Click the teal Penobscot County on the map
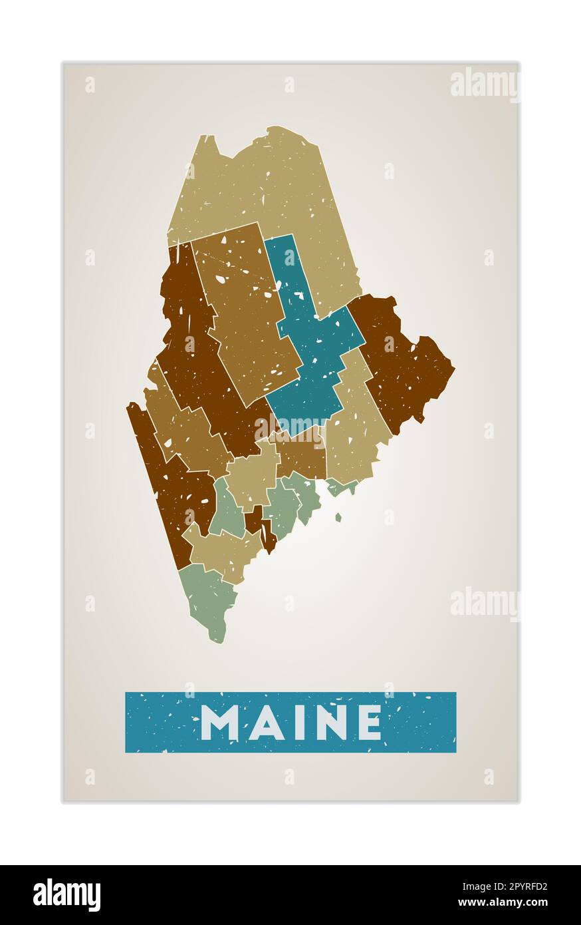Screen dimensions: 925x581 tap(312, 359)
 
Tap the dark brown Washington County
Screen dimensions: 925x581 tap(399, 359)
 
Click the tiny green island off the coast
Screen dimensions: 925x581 tap(338, 517)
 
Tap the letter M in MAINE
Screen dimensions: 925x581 tap(219, 722)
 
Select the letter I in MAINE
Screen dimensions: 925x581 tap(298, 722)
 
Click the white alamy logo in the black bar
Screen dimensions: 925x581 tap(66, 895)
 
